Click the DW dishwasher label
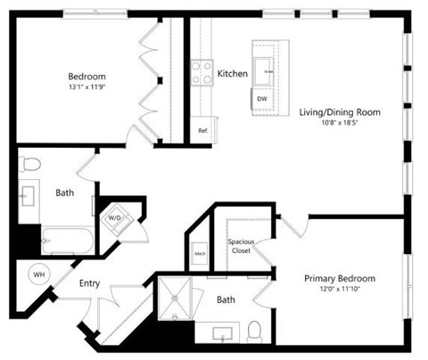[x=261, y=99]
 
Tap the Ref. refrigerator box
[x=202, y=129]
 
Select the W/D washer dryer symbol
[x=115, y=217]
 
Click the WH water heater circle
[x=39, y=274]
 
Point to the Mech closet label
[x=200, y=254]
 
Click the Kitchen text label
[x=232, y=74]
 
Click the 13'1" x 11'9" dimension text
[x=86, y=87]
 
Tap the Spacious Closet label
[x=241, y=246]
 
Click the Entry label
[x=89, y=284]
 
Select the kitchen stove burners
[x=200, y=74]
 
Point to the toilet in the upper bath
[x=29, y=163]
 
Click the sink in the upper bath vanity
[x=27, y=193]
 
